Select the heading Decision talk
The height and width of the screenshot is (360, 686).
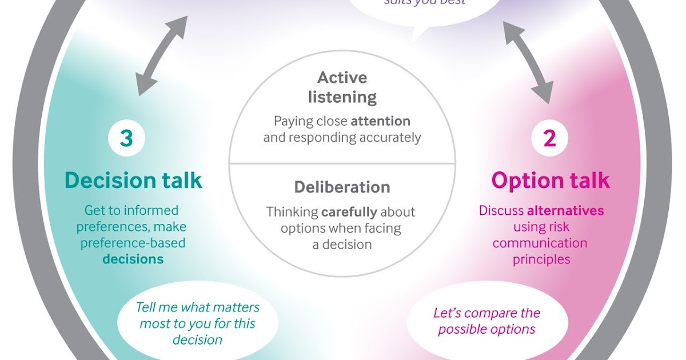pos(133,181)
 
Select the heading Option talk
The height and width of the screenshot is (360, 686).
pos(551,181)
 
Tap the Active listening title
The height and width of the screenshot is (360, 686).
pos(342,87)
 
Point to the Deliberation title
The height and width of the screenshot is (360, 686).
pos(342,187)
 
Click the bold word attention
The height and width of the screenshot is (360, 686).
pos(380,121)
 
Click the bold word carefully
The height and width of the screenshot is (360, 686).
pos(349,212)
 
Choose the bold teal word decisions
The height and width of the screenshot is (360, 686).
pos(133,259)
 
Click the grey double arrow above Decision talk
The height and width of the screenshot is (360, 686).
pos(162,56)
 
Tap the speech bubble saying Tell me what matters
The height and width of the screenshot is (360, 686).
pos(197,323)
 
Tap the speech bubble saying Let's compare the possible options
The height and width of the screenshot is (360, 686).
pos(486,321)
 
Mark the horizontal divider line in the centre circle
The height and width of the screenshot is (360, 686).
pos(342,163)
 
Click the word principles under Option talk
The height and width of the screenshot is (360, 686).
pos(541,259)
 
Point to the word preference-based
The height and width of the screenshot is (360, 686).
pos(133,243)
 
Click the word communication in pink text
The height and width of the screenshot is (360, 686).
pos(540,243)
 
